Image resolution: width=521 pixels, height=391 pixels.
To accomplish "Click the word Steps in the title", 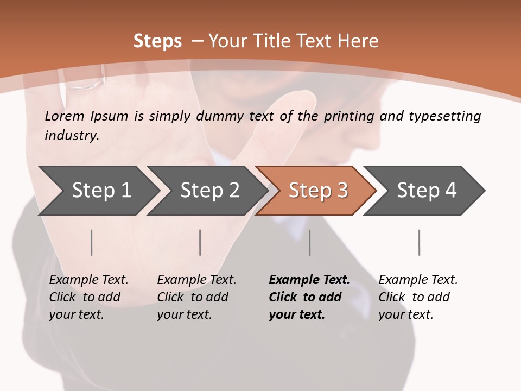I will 157,41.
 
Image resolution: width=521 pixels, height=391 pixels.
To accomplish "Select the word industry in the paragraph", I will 72,136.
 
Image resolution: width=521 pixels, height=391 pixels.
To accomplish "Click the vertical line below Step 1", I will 92,242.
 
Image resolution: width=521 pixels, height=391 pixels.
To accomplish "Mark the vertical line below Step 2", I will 200,242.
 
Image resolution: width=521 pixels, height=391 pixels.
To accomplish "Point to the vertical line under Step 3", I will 310,242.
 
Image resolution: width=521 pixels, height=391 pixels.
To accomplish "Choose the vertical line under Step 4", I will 419,242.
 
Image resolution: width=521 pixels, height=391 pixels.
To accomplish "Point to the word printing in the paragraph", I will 348,116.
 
